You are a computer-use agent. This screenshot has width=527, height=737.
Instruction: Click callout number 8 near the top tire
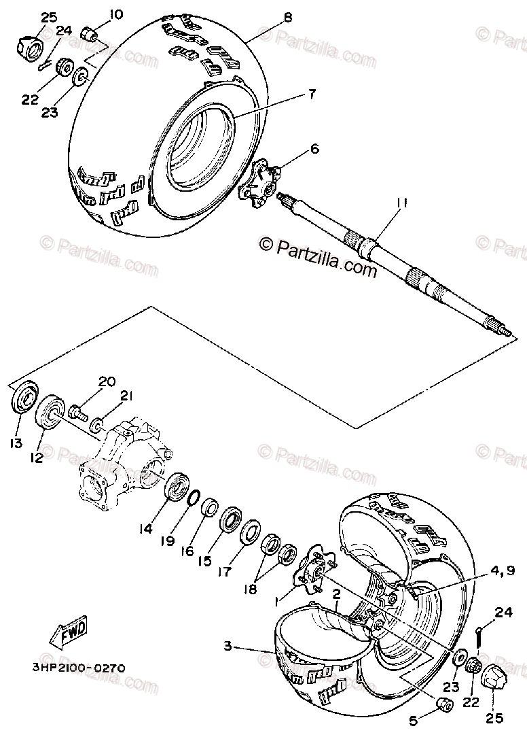tap(287, 17)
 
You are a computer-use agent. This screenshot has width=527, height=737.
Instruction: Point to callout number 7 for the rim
tap(311, 94)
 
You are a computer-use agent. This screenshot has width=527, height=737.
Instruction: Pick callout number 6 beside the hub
tap(314, 148)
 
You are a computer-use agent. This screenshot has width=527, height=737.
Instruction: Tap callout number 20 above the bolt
tap(107, 381)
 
